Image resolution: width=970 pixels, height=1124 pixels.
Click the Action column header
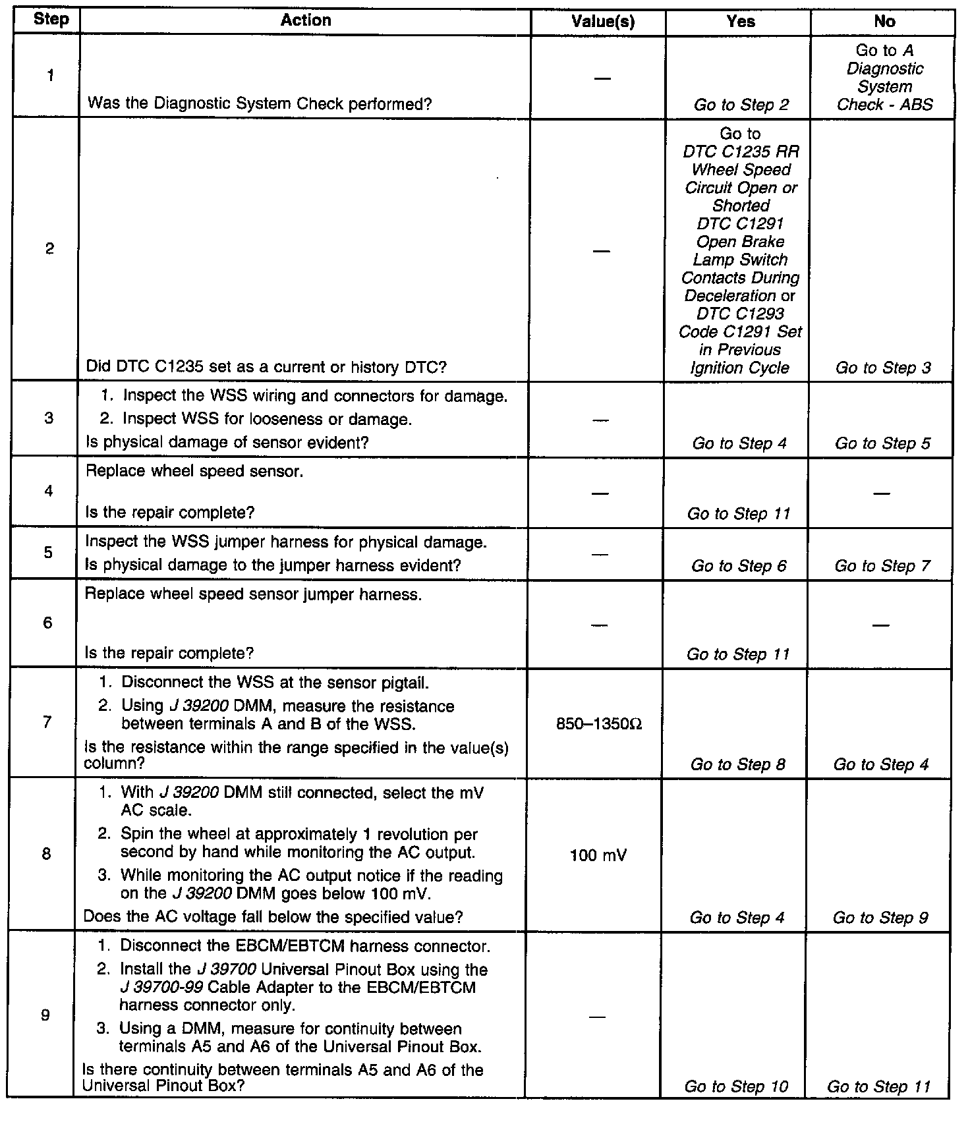[x=306, y=20]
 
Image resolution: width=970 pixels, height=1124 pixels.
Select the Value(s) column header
[x=603, y=22]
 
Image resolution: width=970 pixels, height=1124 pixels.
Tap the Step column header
[x=51, y=19]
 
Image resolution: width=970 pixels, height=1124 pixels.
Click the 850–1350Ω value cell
[x=599, y=725]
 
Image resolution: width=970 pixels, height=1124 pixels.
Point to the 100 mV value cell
[x=599, y=856]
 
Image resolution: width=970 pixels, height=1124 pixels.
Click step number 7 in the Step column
[x=47, y=722]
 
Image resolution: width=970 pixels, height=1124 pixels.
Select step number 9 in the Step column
[x=45, y=1015]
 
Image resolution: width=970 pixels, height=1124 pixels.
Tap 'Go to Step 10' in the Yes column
[x=736, y=1086]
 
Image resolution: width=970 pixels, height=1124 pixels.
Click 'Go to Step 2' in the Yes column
[x=741, y=105]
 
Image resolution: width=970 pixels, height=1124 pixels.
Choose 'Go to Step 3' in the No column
[x=883, y=368]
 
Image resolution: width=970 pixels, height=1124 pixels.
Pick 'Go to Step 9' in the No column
[x=880, y=918]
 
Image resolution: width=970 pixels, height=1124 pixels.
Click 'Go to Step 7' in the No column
[x=882, y=566]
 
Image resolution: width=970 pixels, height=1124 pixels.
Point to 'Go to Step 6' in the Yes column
[x=739, y=566]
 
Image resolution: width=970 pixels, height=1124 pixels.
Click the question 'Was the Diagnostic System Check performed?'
[x=260, y=104]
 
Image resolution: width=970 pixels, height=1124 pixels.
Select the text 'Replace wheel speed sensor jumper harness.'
[x=254, y=594]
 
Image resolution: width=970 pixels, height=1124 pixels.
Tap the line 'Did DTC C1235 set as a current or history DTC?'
[x=266, y=368]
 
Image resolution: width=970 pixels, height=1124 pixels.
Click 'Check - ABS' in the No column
[x=884, y=105]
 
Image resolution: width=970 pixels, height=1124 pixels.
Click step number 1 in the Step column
[x=50, y=76]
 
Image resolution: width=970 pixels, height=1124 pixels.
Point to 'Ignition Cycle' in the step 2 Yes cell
[x=739, y=368]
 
